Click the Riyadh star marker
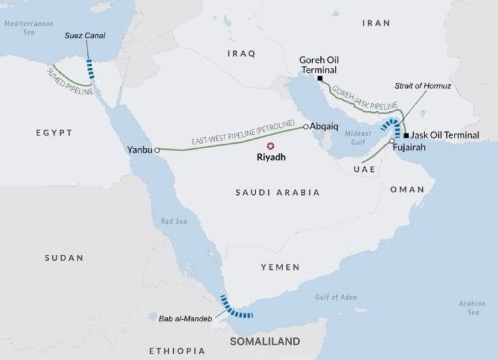(270, 146)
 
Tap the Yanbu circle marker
(157, 150)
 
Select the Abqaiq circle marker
(306, 127)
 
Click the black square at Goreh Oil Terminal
(320, 78)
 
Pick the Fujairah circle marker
(391, 141)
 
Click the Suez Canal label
(85, 35)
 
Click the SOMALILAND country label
(265, 341)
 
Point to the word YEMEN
(280, 267)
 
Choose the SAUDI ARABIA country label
(278, 192)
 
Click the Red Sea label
(174, 221)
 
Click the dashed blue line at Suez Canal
(91, 69)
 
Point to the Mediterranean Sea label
(29, 27)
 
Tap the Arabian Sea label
(472, 308)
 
